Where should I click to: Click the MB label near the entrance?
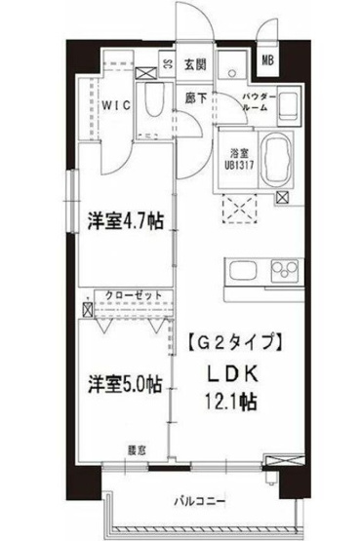pyautogui.click(x=266, y=60)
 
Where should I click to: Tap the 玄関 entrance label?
pyautogui.click(x=195, y=65)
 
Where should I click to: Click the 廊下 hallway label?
pyautogui.click(x=194, y=97)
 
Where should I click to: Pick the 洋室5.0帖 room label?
pyautogui.click(x=120, y=384)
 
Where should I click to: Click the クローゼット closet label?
pyautogui.click(x=127, y=293)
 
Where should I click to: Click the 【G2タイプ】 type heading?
pyautogui.click(x=234, y=342)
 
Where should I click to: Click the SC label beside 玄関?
pyautogui.click(x=168, y=66)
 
